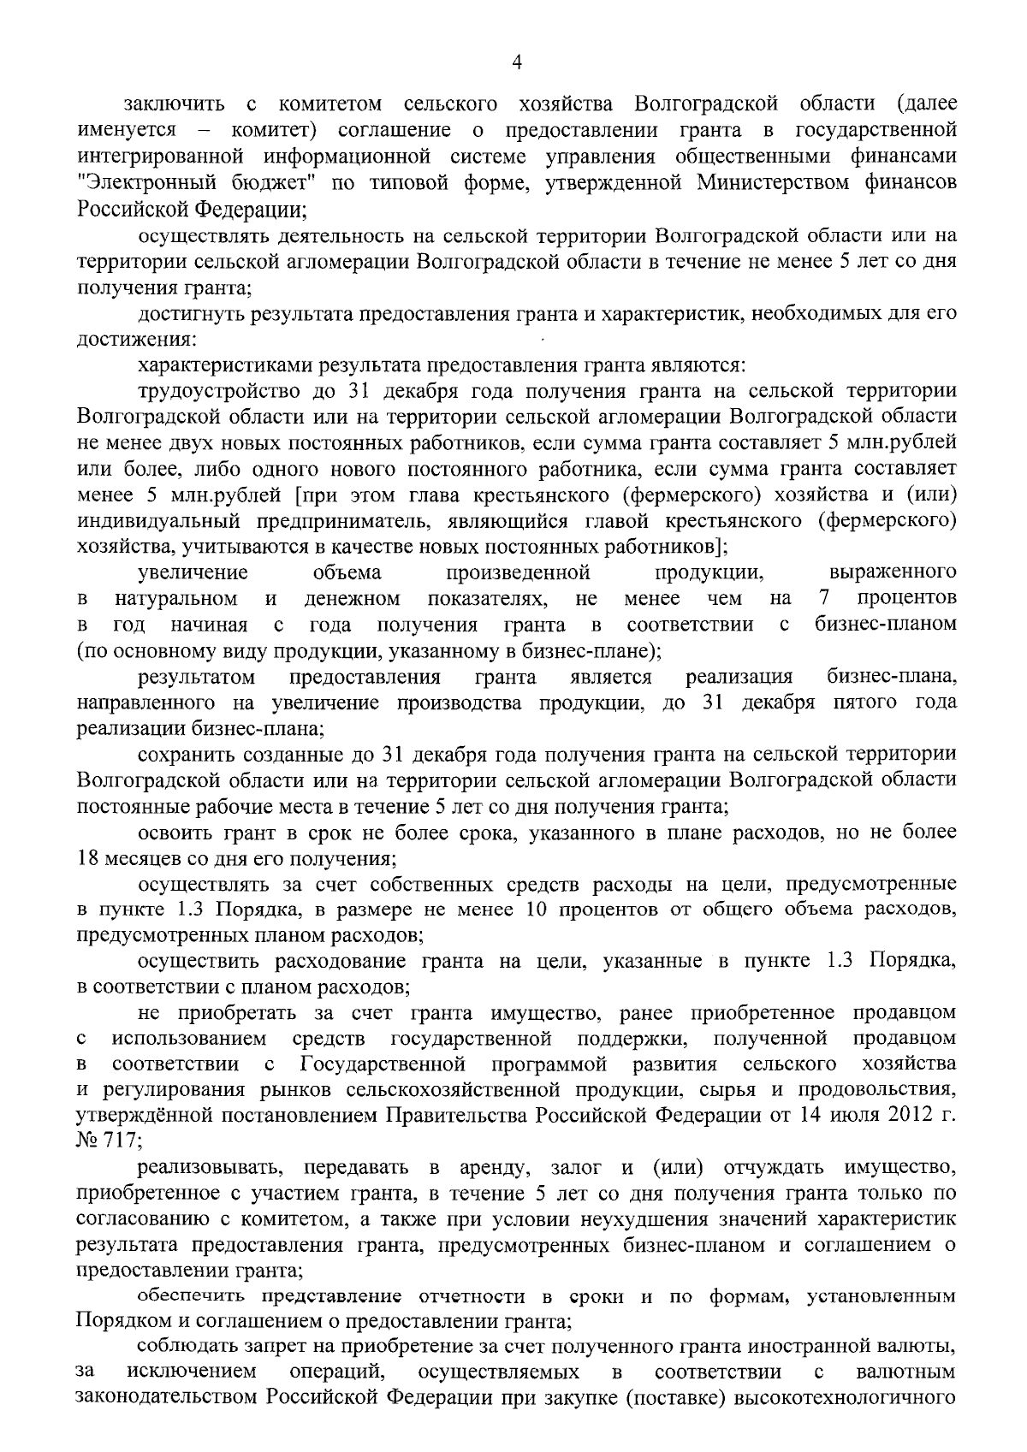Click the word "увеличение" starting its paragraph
[x=193, y=572]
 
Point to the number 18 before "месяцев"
[x=87, y=856]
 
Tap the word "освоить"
[x=169, y=832]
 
